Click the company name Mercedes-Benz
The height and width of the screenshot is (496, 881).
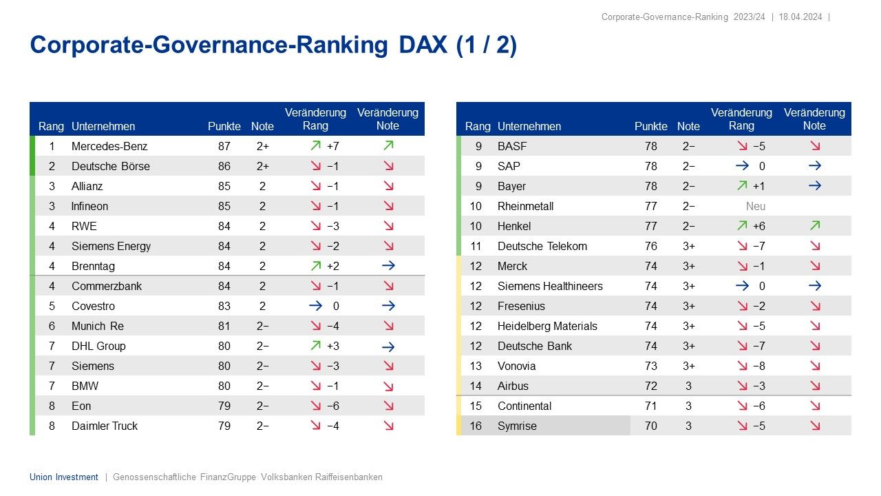(x=109, y=146)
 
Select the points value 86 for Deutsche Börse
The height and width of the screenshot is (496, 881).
(x=224, y=166)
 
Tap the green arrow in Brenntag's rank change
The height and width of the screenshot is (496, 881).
(x=315, y=266)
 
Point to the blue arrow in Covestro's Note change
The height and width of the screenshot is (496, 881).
(x=388, y=306)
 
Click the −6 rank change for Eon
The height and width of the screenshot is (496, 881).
(x=333, y=406)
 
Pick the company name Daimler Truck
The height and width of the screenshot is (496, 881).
(x=105, y=426)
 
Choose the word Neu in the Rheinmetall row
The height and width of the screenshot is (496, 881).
(x=755, y=206)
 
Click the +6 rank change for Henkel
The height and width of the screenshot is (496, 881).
(x=758, y=226)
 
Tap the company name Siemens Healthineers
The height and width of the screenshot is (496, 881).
(x=550, y=286)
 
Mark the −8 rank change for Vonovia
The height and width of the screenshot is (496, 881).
(x=758, y=366)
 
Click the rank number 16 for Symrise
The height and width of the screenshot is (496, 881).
(x=476, y=426)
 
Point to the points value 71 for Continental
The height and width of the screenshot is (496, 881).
(x=650, y=406)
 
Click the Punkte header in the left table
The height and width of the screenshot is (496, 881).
(x=224, y=126)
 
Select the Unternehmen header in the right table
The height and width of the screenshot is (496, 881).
(x=529, y=126)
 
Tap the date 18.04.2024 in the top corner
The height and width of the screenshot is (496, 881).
(x=801, y=17)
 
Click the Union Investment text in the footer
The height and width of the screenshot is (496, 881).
(x=64, y=477)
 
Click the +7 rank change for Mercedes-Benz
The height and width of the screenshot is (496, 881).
(x=333, y=146)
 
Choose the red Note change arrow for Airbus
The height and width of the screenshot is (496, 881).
(x=815, y=386)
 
